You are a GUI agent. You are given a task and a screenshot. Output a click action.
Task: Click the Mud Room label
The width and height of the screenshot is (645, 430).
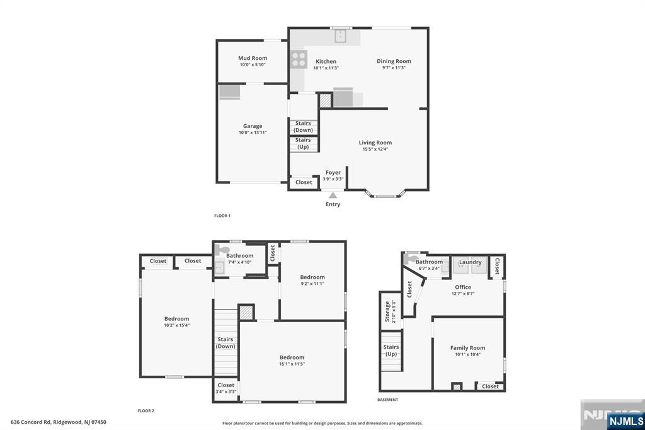253,58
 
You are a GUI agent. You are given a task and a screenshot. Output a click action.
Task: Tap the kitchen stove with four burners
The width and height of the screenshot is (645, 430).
299,60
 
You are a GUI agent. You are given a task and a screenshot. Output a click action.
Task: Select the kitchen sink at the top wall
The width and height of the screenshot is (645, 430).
341,36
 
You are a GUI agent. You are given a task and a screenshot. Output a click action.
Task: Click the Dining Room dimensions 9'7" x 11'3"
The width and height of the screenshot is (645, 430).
394,68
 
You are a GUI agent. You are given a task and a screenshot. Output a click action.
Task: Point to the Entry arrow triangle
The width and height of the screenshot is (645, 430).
333,195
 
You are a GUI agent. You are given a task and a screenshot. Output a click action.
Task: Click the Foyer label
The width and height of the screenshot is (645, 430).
333,172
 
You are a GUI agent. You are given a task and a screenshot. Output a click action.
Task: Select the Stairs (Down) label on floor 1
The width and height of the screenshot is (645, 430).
303,127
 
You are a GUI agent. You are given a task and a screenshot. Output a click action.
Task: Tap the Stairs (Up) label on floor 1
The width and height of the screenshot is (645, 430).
303,143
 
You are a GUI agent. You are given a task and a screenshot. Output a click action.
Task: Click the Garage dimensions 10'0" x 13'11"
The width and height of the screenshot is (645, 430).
253,133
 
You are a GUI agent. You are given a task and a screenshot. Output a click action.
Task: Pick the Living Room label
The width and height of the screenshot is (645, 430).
375,142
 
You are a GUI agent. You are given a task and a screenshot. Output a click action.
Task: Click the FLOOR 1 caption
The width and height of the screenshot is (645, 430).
222,216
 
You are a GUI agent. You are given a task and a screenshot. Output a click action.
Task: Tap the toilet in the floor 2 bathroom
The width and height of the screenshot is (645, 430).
219,250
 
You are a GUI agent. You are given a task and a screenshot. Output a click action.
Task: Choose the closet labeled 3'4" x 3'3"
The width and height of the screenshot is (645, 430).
225,388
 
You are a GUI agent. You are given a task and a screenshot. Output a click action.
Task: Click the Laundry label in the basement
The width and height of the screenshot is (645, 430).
470,262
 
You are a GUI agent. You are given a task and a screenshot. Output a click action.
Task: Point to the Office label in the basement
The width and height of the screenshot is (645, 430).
463,287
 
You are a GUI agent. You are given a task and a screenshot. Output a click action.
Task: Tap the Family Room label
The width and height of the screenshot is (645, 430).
467,347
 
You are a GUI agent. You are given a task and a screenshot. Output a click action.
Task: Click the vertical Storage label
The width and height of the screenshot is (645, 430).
387,311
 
